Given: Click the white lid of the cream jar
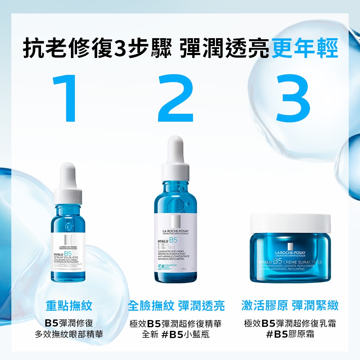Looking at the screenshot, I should [x=290, y=223].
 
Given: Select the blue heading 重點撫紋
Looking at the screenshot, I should [x=69, y=306].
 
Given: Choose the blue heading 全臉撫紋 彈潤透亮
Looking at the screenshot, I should [x=176, y=306].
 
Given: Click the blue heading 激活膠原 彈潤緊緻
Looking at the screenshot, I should [x=290, y=306].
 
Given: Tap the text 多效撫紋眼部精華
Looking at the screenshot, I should [x=69, y=334].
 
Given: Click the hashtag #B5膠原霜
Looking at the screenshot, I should [x=290, y=334].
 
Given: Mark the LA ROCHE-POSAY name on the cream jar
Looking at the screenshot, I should [x=290, y=253].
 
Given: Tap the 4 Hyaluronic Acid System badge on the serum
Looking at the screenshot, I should [x=165, y=267].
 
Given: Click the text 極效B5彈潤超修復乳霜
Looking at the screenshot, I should [x=290, y=323].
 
